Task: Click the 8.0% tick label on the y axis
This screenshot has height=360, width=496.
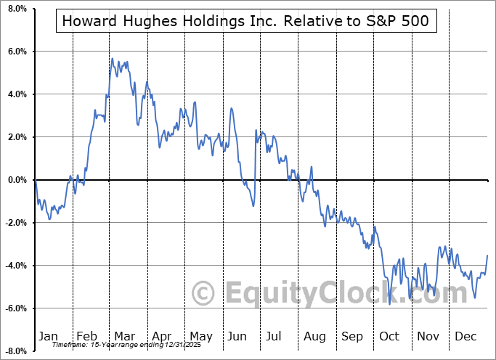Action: click(15, 9)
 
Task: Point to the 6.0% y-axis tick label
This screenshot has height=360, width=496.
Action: click(15, 52)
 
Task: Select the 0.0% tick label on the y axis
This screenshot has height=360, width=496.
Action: click(15, 180)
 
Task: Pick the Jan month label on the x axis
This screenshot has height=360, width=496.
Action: click(48, 336)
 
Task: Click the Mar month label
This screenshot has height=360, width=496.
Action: click(125, 336)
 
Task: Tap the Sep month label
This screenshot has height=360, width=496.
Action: click(352, 336)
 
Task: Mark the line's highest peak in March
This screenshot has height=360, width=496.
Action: click(112, 58)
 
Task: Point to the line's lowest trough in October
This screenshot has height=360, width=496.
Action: click(390, 303)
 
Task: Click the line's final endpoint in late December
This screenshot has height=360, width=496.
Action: click(487, 255)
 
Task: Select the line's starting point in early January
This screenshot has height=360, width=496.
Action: click(36, 180)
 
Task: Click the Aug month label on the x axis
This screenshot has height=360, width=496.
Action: click(315, 336)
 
